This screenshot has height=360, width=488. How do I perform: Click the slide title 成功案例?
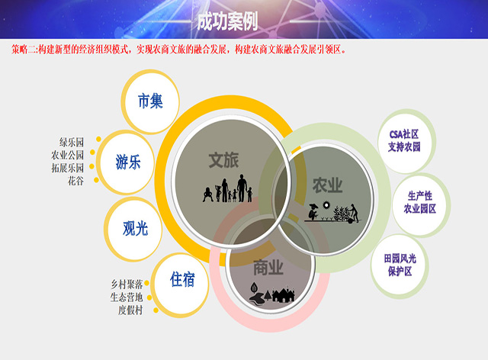pos(227,21)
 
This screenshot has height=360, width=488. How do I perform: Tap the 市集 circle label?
pos(150,101)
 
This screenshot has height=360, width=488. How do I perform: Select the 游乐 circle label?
pos(128,162)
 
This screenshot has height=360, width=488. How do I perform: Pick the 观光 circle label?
pos(136,228)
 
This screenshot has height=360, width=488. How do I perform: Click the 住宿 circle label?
pos(182,279)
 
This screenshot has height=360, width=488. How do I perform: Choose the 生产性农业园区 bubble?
pos(420,202)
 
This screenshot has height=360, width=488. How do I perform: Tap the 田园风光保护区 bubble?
pos(400,265)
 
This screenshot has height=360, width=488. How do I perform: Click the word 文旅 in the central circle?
pos(223,160)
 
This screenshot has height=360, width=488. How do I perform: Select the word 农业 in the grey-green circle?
pos(327,185)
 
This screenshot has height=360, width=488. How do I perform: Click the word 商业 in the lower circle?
pos(268,268)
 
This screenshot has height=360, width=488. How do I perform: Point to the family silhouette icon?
pos(227,188)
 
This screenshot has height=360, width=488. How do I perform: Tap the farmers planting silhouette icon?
pos(333,213)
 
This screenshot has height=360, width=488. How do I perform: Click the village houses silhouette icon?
pos(272,294)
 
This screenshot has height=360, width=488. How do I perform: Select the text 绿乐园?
pos(72,143)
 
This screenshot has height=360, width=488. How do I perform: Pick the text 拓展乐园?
pos(68,168)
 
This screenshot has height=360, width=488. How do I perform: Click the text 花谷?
pos(75,181)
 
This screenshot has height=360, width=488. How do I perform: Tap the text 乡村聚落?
pos(127,284)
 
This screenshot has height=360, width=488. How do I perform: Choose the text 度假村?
pos(130,310)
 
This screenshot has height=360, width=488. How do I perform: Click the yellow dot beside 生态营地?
pos(149,297)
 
